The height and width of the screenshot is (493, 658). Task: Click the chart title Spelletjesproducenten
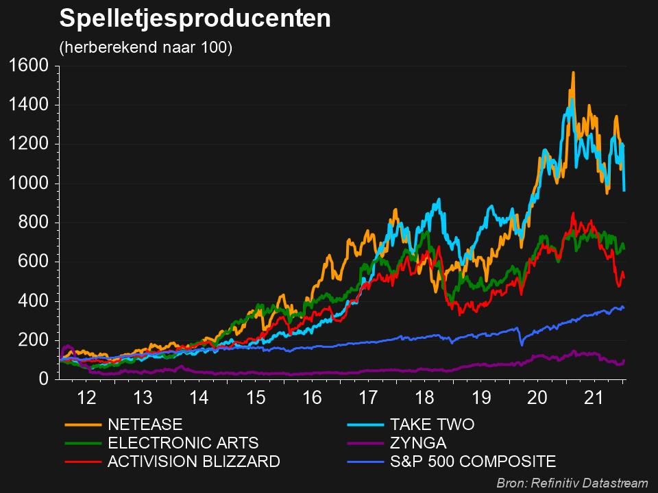pyautogui.click(x=195, y=19)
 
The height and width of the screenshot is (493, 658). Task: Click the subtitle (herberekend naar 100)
pyautogui.click(x=146, y=48)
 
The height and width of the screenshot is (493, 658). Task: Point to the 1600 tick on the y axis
pyautogui.click(x=28, y=66)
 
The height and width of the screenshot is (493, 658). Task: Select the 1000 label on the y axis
pyautogui.click(x=28, y=184)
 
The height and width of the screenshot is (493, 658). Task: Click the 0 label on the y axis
pyautogui.click(x=42, y=379)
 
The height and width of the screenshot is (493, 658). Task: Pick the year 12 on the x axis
pyautogui.click(x=86, y=398)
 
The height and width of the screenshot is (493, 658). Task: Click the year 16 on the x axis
pyautogui.click(x=313, y=398)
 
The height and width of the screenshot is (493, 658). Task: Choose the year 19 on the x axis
pyautogui.click(x=482, y=398)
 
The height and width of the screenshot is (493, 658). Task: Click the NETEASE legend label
pyautogui.click(x=145, y=425)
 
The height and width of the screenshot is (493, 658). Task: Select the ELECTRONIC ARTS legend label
pyautogui.click(x=183, y=443)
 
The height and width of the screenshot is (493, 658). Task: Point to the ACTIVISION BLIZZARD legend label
pyautogui.click(x=194, y=462)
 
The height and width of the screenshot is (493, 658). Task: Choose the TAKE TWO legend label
pyautogui.click(x=432, y=425)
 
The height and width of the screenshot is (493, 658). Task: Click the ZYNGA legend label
pyautogui.click(x=418, y=443)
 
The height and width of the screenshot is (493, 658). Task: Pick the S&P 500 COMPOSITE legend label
pyautogui.click(x=473, y=462)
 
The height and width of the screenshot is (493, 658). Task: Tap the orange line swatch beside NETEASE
pyautogui.click(x=82, y=425)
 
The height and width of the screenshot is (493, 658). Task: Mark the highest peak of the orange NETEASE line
pyautogui.click(x=573, y=73)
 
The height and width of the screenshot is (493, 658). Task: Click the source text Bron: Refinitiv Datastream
pyautogui.click(x=572, y=483)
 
